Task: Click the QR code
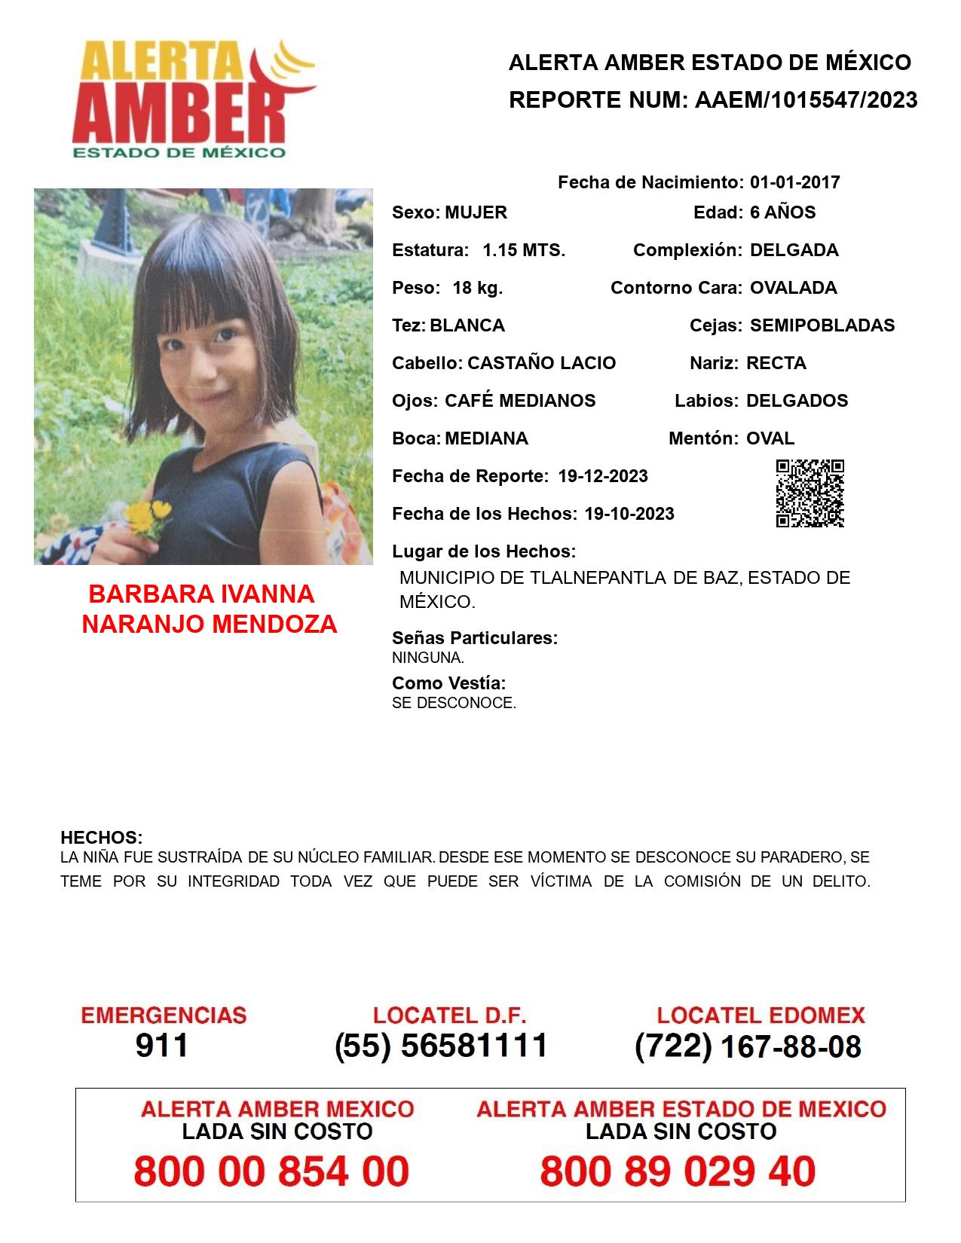[810, 493]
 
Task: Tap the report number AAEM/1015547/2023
[806, 99]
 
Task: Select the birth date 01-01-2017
[794, 182]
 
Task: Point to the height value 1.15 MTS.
[524, 250]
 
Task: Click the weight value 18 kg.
[477, 288]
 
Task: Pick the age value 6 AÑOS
[782, 212]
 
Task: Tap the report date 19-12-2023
[603, 476]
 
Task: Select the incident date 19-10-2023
[629, 514]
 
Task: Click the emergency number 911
[162, 1046]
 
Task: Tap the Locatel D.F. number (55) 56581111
[441, 1046]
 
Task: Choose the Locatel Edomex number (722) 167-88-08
[748, 1046]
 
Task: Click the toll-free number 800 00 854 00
[271, 1171]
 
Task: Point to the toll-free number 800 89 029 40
[678, 1171]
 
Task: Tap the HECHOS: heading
[101, 838]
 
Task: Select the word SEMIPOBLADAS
[822, 325]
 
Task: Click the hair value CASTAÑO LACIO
[541, 363]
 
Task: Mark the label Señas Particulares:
[475, 638]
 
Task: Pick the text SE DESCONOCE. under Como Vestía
[454, 703]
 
